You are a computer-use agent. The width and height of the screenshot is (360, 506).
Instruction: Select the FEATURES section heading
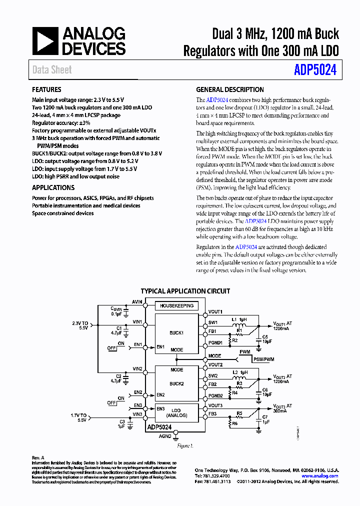46,90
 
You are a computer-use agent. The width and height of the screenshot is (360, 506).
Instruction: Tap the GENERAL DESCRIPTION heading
230,90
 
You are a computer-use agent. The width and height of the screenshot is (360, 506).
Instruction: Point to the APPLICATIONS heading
53,187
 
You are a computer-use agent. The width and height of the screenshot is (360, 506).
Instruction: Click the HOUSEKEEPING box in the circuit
176,305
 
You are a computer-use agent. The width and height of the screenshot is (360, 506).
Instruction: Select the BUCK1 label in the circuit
176,332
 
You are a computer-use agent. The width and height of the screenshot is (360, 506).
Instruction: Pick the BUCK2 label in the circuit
176,383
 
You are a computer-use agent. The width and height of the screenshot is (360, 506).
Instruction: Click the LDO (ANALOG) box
176,412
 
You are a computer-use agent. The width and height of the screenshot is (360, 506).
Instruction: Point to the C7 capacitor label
265,417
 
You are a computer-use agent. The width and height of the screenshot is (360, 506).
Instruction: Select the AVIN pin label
137,301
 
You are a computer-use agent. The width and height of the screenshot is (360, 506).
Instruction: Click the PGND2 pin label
216,395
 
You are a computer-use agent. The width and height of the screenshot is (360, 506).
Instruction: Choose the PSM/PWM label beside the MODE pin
263,359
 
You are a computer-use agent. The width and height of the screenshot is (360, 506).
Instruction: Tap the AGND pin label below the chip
165,436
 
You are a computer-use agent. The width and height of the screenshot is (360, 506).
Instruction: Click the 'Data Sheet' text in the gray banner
52,70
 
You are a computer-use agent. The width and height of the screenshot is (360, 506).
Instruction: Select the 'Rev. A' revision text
38,457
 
